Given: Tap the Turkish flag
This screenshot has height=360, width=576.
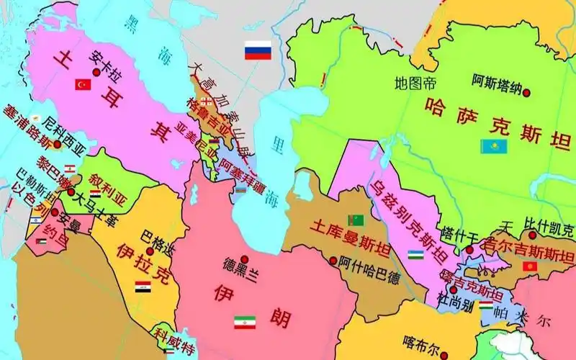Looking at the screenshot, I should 83,85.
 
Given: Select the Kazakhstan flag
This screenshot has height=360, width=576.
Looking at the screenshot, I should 494,146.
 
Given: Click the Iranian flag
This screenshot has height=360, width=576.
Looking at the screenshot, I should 244,322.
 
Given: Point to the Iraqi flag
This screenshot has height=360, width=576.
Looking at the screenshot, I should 143,287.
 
